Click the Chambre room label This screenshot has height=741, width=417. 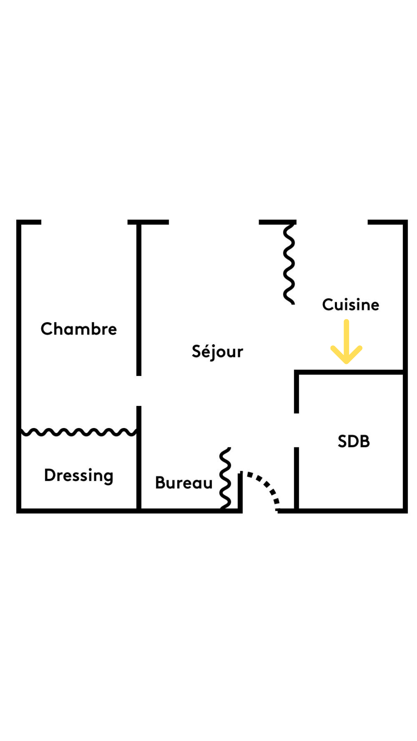[79, 329]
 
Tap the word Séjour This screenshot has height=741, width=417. [217, 352]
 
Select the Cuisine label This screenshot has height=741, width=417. [351, 305]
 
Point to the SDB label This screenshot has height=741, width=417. [354, 441]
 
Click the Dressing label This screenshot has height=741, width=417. [79, 475]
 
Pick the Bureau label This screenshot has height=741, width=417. [184, 483]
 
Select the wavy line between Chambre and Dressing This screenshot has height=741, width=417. [79, 432]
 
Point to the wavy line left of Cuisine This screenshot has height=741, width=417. [289, 264]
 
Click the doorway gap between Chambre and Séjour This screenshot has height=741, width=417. [139, 391]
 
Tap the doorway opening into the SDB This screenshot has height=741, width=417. [297, 430]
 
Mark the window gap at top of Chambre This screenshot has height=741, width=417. [84, 222]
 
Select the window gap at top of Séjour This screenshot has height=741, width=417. [214, 222]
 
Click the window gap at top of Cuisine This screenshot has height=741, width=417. [332, 222]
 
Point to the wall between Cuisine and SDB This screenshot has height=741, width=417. [349, 372]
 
